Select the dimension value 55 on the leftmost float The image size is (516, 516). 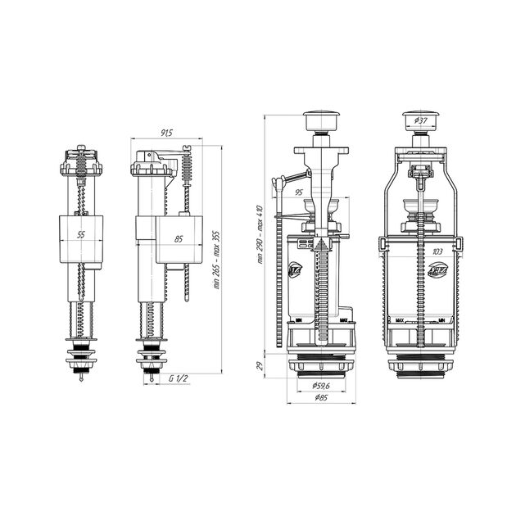[x=79, y=235]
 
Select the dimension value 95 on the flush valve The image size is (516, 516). [x=301, y=193]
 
